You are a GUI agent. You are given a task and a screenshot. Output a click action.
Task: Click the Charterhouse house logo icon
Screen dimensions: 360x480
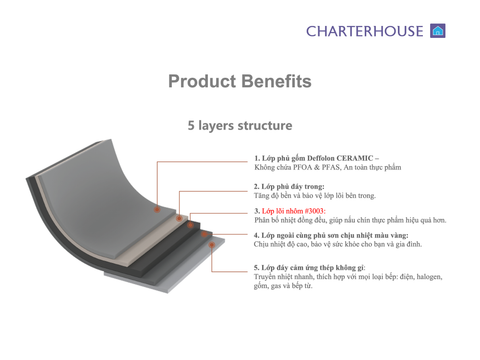coord(437,30)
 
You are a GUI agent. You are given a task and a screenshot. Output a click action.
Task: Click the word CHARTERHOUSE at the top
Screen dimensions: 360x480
coord(365,31)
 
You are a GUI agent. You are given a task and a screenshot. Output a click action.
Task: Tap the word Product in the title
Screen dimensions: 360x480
coord(203,81)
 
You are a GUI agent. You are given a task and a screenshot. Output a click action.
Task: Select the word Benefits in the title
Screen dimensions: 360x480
coord(276,81)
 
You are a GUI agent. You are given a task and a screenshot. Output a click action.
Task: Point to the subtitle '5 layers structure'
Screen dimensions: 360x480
coord(240,126)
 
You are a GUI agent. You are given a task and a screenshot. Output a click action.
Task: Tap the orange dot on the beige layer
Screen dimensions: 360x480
coord(178,218)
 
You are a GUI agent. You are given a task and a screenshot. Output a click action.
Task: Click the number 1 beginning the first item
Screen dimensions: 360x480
coord(256,159)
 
